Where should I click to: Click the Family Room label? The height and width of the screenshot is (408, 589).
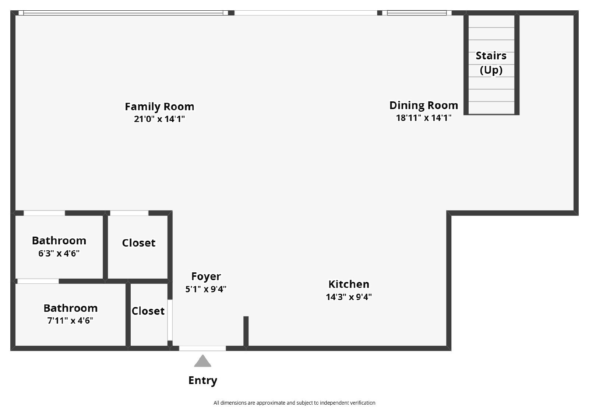point(159,107)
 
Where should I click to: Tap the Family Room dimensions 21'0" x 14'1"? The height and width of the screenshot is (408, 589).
point(159,119)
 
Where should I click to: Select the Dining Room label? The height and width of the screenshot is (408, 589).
point(424,105)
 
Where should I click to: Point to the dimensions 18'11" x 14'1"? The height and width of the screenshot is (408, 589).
point(424,118)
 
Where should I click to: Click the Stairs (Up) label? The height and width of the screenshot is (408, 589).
point(491,63)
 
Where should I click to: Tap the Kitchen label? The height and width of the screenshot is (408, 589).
point(349,284)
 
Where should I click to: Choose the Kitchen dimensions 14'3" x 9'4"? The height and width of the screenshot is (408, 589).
point(349,297)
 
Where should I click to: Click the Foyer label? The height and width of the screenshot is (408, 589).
point(206,276)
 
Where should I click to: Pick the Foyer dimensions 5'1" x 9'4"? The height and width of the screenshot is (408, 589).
point(206,289)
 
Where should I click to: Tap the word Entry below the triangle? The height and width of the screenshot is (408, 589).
point(202,380)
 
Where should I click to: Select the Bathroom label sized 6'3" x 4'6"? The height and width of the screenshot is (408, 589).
point(59,241)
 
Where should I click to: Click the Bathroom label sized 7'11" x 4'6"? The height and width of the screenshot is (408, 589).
point(70,308)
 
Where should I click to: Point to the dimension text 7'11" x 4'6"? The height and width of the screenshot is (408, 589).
point(70,321)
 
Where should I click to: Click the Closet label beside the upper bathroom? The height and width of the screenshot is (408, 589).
point(139,243)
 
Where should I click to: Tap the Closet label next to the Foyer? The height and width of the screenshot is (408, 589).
point(148,311)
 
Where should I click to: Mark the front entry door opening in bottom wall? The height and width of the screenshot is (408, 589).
point(202,348)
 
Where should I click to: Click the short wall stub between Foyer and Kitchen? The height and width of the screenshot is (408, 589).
point(246,331)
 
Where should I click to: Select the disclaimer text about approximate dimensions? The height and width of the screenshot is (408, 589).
point(294,403)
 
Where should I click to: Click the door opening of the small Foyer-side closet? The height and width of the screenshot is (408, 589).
point(170,320)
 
